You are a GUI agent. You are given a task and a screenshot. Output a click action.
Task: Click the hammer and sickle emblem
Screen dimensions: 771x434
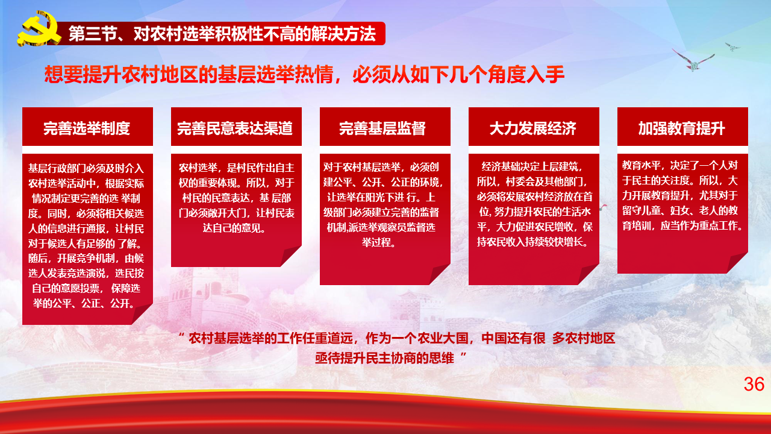[x=39, y=29]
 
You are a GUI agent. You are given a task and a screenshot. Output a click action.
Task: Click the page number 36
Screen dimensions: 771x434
[x=754, y=384]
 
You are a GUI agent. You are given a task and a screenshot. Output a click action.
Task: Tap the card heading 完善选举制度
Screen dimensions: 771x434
[x=87, y=128]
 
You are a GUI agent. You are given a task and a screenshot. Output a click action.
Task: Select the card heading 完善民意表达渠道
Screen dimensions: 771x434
[x=235, y=128]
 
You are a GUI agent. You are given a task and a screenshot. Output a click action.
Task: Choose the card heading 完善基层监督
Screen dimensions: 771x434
[x=382, y=128]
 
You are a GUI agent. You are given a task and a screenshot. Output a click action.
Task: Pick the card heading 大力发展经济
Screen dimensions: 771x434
[x=533, y=128]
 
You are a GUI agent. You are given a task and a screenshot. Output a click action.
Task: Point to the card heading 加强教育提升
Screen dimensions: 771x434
[x=681, y=128]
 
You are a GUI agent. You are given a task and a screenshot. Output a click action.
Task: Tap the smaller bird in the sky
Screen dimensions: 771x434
[x=732, y=47]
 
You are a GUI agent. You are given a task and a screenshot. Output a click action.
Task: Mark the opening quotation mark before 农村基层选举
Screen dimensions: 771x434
[x=182, y=335]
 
